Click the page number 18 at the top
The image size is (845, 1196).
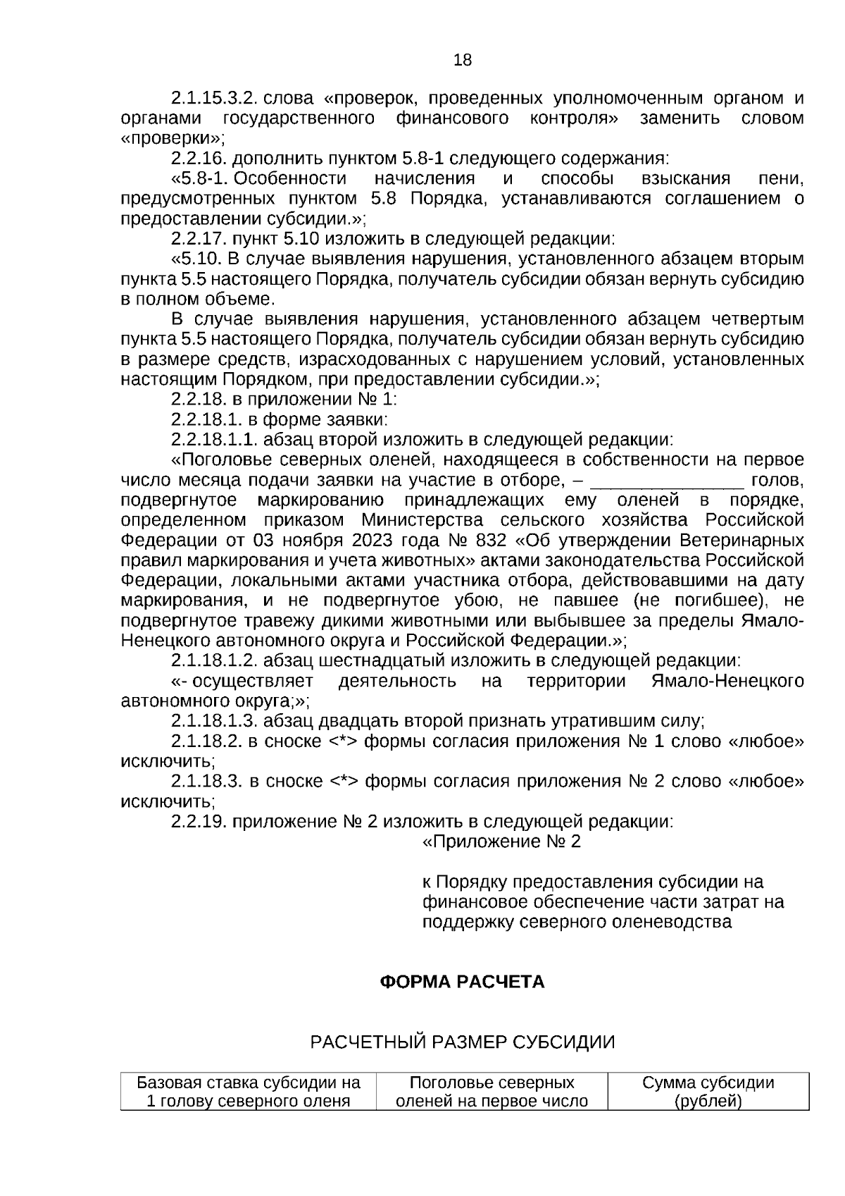[463, 61]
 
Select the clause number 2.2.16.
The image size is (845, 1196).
[199, 158]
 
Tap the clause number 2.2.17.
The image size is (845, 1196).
[199, 239]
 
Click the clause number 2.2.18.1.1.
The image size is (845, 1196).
[214, 440]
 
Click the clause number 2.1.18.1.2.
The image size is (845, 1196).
[214, 662]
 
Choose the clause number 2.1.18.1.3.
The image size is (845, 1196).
[214, 722]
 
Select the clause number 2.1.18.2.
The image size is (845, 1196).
[206, 742]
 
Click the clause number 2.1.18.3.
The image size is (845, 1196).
[206, 782]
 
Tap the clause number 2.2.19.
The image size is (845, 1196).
[199, 822]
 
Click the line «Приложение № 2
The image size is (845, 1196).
[501, 842]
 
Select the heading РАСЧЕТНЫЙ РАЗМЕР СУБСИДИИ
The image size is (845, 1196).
[463, 1042]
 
